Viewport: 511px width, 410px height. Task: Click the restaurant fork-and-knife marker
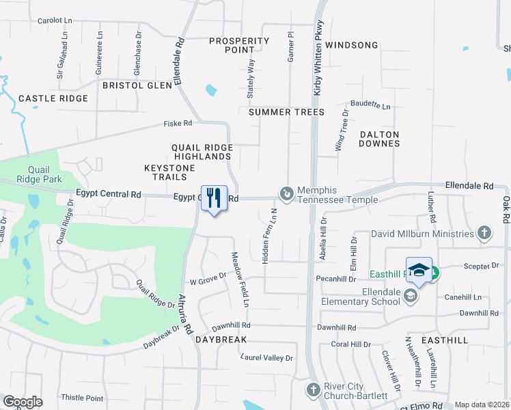tap(214, 198)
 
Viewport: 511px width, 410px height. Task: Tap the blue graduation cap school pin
tap(419, 269)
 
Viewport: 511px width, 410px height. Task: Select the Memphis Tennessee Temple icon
tap(286, 195)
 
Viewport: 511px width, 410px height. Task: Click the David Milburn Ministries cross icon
tap(484, 234)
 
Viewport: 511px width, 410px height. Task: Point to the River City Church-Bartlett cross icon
tap(313, 389)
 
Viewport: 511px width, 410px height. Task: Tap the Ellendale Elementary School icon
tap(410, 295)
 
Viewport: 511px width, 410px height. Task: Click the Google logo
tap(23, 402)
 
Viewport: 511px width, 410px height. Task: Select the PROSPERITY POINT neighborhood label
tap(240, 45)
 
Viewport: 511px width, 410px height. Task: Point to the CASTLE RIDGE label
tap(53, 98)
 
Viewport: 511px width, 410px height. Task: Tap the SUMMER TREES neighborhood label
tap(286, 111)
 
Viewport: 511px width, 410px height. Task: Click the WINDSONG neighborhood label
tap(351, 45)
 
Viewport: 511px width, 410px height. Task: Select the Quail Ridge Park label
tap(44, 174)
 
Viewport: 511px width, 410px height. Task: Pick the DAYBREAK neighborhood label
tap(220, 340)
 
